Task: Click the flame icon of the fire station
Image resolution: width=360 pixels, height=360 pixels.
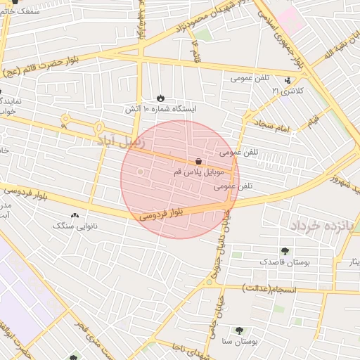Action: [161, 98]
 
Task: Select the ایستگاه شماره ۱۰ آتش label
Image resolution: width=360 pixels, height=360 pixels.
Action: [161, 109]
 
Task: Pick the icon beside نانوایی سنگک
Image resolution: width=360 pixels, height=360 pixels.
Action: [75, 216]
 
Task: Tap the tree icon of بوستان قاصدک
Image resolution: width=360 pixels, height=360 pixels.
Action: [285, 251]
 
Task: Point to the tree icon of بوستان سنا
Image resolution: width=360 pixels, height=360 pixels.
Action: [239, 330]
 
